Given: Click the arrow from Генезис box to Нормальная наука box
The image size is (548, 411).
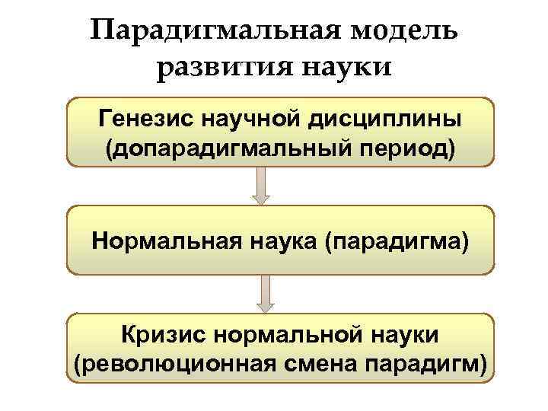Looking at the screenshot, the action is point(261,186).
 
